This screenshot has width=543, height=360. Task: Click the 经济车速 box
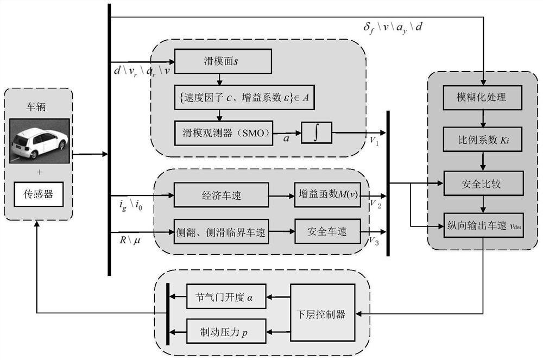tap(221, 195)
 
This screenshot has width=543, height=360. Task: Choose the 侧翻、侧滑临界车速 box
tap(221, 231)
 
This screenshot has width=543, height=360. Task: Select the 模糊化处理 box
tap(482, 98)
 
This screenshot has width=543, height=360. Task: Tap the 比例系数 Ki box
tap(482, 140)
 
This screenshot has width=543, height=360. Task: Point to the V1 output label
tap(375, 141)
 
